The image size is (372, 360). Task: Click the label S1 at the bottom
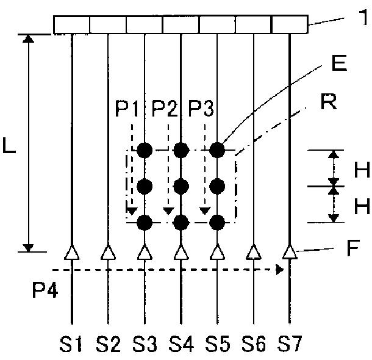(x=71, y=344)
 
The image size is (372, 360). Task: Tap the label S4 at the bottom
(x=181, y=344)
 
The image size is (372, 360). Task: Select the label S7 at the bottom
(x=290, y=344)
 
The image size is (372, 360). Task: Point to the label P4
(x=45, y=290)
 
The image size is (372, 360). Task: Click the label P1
(x=127, y=109)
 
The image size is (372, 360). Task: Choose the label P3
(x=201, y=109)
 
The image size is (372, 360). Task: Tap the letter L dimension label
(x=9, y=145)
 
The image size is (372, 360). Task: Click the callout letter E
(x=339, y=63)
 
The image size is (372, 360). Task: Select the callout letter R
(x=329, y=101)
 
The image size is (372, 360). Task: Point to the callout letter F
(x=353, y=248)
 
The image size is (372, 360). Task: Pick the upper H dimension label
(x=362, y=170)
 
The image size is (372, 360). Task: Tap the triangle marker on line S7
(x=290, y=252)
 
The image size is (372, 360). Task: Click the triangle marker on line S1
(x=72, y=252)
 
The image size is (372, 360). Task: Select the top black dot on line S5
(x=217, y=150)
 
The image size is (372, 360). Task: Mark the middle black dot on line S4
(x=181, y=186)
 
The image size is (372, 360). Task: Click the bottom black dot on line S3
(x=145, y=223)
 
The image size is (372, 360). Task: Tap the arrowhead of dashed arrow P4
(x=280, y=270)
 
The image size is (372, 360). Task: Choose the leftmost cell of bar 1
(x=71, y=24)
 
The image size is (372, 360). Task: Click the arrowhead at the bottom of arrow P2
(x=168, y=211)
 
